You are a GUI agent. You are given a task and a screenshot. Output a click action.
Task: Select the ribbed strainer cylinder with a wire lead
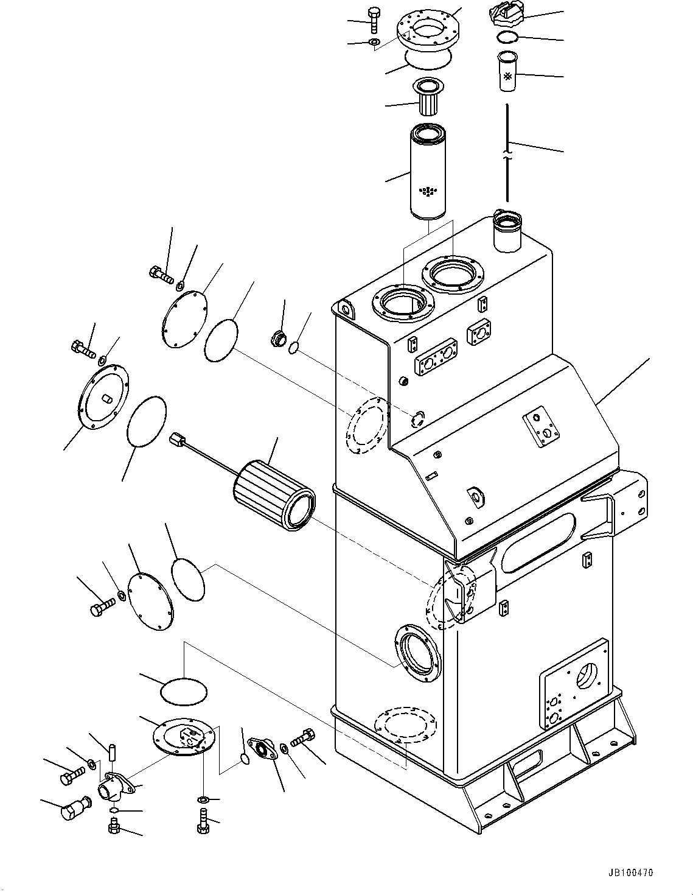(x=273, y=499)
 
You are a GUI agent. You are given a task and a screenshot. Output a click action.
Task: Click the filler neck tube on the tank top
(x=507, y=231)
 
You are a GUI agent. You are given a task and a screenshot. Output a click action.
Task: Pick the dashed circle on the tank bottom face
(x=405, y=724)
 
